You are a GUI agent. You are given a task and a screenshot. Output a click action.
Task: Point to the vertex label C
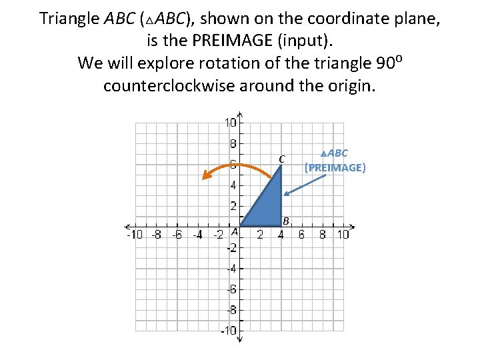tap(282, 159)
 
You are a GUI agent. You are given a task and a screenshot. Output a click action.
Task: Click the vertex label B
tap(285, 221)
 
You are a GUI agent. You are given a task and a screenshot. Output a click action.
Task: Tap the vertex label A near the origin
tap(234, 231)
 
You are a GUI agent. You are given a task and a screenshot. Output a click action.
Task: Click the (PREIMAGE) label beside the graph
tap(335, 167)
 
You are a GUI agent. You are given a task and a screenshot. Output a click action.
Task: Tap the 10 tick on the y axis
tap(230, 123)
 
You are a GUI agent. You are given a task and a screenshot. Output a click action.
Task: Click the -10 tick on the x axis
tap(134, 235)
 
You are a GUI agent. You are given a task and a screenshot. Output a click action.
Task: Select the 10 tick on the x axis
tap(343, 235)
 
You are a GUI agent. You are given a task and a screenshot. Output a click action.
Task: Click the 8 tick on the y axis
tap(233, 143)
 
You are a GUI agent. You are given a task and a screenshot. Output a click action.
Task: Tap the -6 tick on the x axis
tap(176, 235)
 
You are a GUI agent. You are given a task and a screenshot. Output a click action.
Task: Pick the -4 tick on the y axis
tap(230, 269)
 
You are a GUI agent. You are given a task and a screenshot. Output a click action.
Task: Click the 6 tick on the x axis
tap(301, 235)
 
